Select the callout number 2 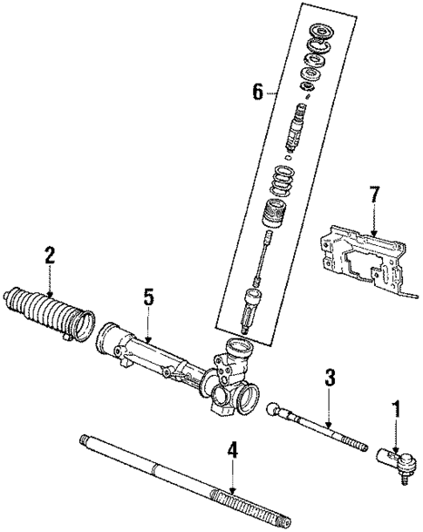click(x=50, y=255)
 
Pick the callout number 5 click(x=148, y=297)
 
